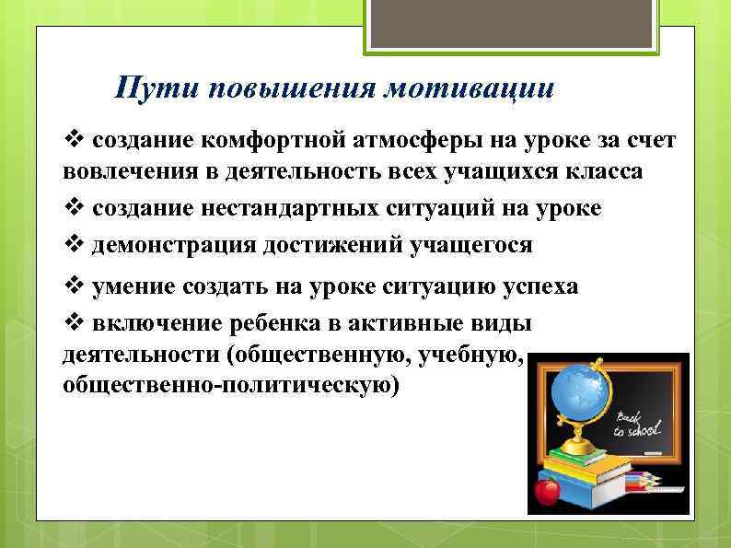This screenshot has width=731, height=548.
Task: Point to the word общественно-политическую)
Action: tap(231, 386)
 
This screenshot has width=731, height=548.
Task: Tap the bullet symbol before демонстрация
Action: tap(75, 245)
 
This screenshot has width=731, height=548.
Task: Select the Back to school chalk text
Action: tap(639, 425)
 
